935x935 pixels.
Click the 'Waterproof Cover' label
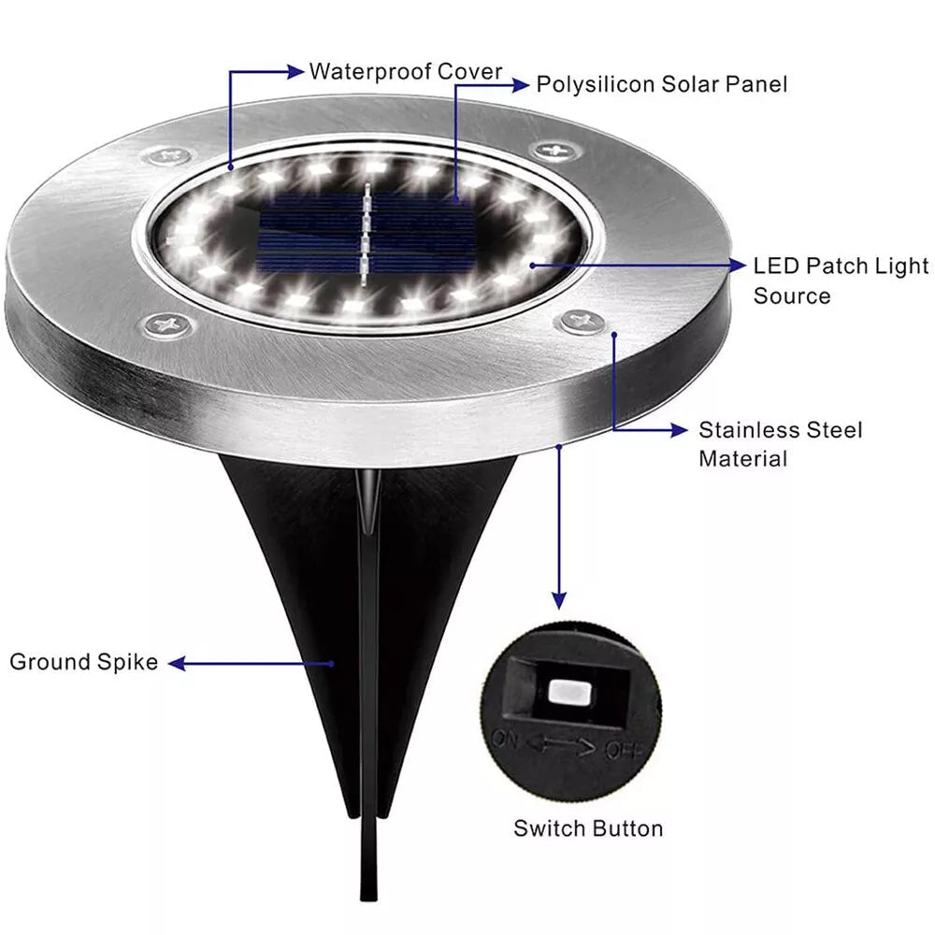tap(406, 71)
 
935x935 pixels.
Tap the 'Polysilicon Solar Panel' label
tap(661, 84)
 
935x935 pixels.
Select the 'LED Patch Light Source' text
tap(841, 280)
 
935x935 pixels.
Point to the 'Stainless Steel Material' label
tap(780, 444)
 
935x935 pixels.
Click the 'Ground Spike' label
tap(84, 663)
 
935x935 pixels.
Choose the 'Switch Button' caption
tap(588, 828)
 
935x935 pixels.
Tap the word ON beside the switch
tap(505, 738)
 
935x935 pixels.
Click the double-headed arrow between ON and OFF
tap(561, 745)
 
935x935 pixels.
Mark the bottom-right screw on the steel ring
tap(584, 323)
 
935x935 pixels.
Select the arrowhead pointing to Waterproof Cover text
tap(297, 71)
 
